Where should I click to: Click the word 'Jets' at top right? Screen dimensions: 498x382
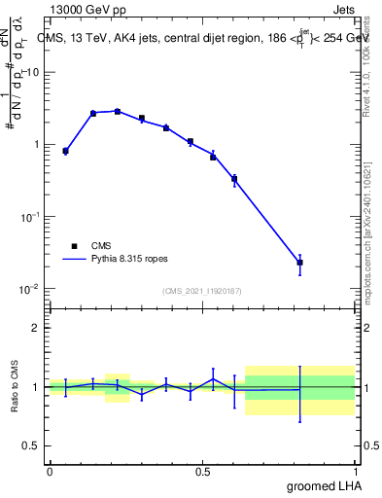coord(345,11)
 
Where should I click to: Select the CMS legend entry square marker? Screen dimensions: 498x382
coord(74,246)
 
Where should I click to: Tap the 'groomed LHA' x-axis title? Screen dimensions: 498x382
coord(323,485)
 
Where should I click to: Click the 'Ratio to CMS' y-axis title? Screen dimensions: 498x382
coord(13,386)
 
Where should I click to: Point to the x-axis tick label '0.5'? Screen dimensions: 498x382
coord(202,471)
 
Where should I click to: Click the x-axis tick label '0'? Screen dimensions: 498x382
coord(50,471)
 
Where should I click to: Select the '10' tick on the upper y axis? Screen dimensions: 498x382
coord(34,73)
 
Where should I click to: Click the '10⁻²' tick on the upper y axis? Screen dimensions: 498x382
coord(30,289)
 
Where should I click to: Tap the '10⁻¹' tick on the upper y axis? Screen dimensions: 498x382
coord(30,217)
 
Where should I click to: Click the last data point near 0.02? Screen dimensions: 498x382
coord(299,263)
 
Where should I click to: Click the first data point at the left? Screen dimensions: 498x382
coord(65,151)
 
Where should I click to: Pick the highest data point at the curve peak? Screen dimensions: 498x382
coord(118,111)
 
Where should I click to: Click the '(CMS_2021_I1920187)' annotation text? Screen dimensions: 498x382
coord(202,291)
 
